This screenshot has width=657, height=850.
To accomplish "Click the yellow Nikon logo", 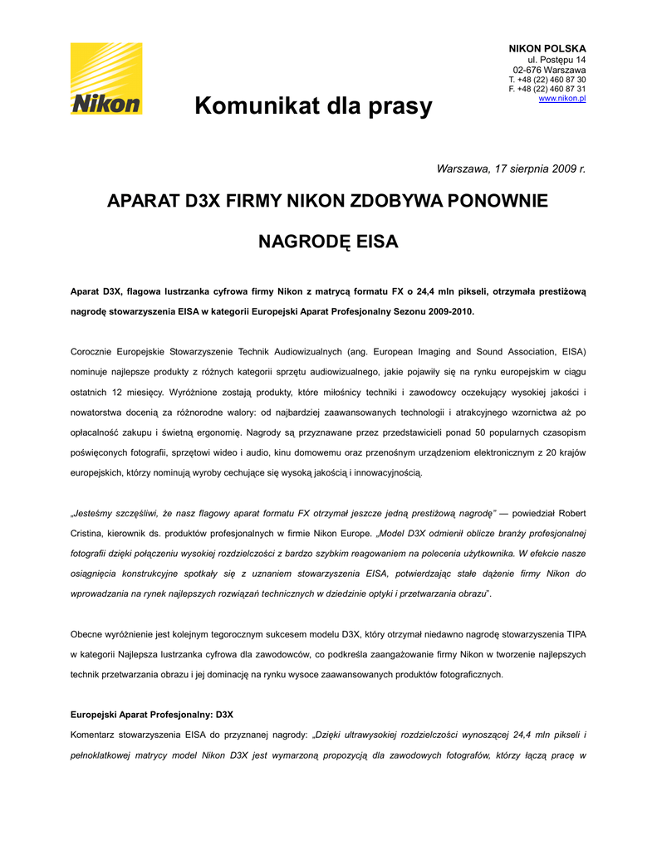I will [x=105, y=78].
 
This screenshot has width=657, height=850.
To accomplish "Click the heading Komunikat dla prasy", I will [x=313, y=106].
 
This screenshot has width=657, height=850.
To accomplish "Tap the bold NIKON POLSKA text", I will [x=547, y=49].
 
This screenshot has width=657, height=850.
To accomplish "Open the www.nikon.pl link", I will [x=562, y=99].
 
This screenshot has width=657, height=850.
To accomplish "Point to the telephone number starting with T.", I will [x=547, y=80].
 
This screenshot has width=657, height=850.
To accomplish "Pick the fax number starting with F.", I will [x=547, y=89].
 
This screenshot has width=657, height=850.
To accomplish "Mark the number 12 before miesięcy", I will [x=119, y=392].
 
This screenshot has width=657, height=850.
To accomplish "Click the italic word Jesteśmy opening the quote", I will [x=96, y=512].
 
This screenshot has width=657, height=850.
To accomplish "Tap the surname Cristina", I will [x=91, y=533].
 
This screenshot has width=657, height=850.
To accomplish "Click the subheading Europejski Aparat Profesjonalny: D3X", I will [x=152, y=714].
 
